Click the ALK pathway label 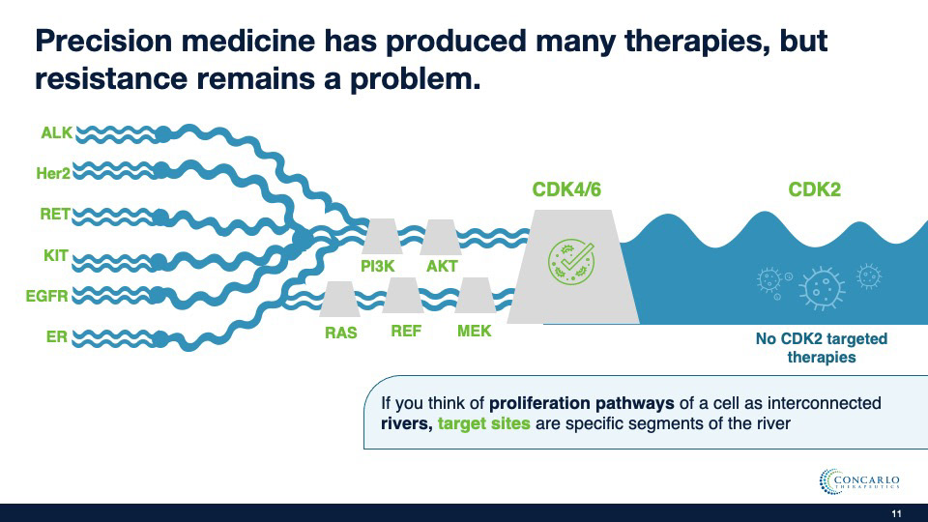56,132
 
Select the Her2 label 52,173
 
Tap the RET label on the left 55,215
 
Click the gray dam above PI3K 382,237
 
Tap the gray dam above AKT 441,237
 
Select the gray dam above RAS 339,299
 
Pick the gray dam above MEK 475,296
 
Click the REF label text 406,331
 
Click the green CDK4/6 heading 566,189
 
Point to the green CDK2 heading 814,189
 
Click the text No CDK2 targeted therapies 822,348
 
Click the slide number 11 895,512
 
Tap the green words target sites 483,423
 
